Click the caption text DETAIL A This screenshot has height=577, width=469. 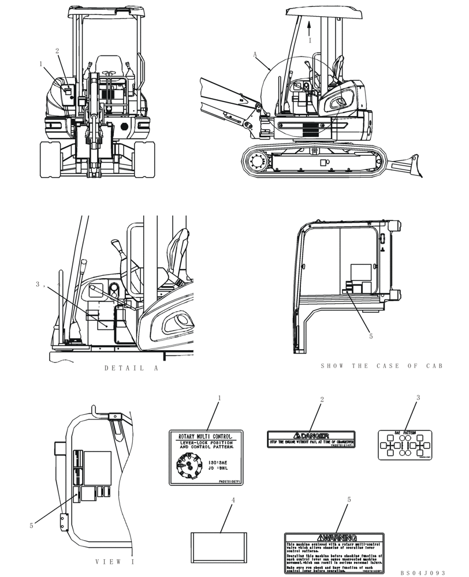(x=131, y=368)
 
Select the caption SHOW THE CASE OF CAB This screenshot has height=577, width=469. (x=381, y=366)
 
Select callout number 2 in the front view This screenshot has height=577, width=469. (x=57, y=51)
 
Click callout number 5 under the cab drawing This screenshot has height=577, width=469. (x=371, y=335)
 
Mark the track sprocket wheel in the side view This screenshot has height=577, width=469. (x=256, y=162)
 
